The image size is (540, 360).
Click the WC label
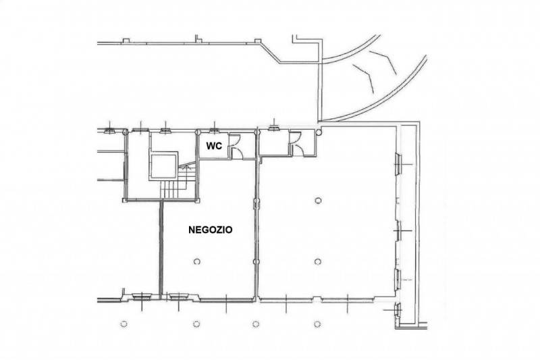[214, 146]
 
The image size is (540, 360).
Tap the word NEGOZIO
[210, 230]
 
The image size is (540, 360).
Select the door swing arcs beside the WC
[236, 146]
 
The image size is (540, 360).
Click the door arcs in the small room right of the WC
[296, 144]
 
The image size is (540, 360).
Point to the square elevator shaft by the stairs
[163, 166]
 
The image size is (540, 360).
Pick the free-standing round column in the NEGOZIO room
[197, 261]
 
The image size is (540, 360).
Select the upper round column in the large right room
[318, 200]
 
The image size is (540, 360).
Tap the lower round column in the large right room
[318, 262]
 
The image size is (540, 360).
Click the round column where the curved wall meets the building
[319, 132]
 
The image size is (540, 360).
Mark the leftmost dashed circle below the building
[124, 324]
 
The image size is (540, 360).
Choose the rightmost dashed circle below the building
[317, 324]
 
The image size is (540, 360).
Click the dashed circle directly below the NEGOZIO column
[196, 324]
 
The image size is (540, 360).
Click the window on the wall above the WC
[214, 130]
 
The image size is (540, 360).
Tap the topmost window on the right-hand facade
[398, 164]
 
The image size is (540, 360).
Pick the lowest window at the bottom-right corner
[398, 310]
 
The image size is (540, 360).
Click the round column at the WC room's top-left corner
[198, 132]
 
